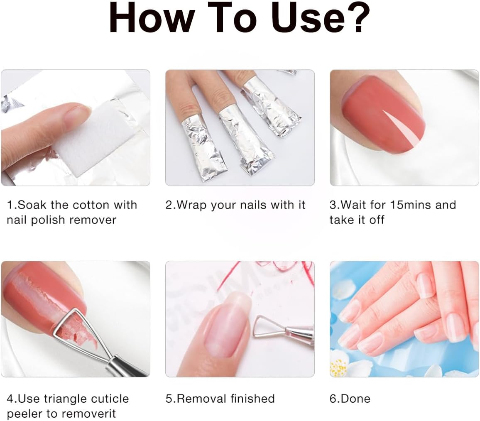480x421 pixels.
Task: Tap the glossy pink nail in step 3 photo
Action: tap(384, 113)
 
